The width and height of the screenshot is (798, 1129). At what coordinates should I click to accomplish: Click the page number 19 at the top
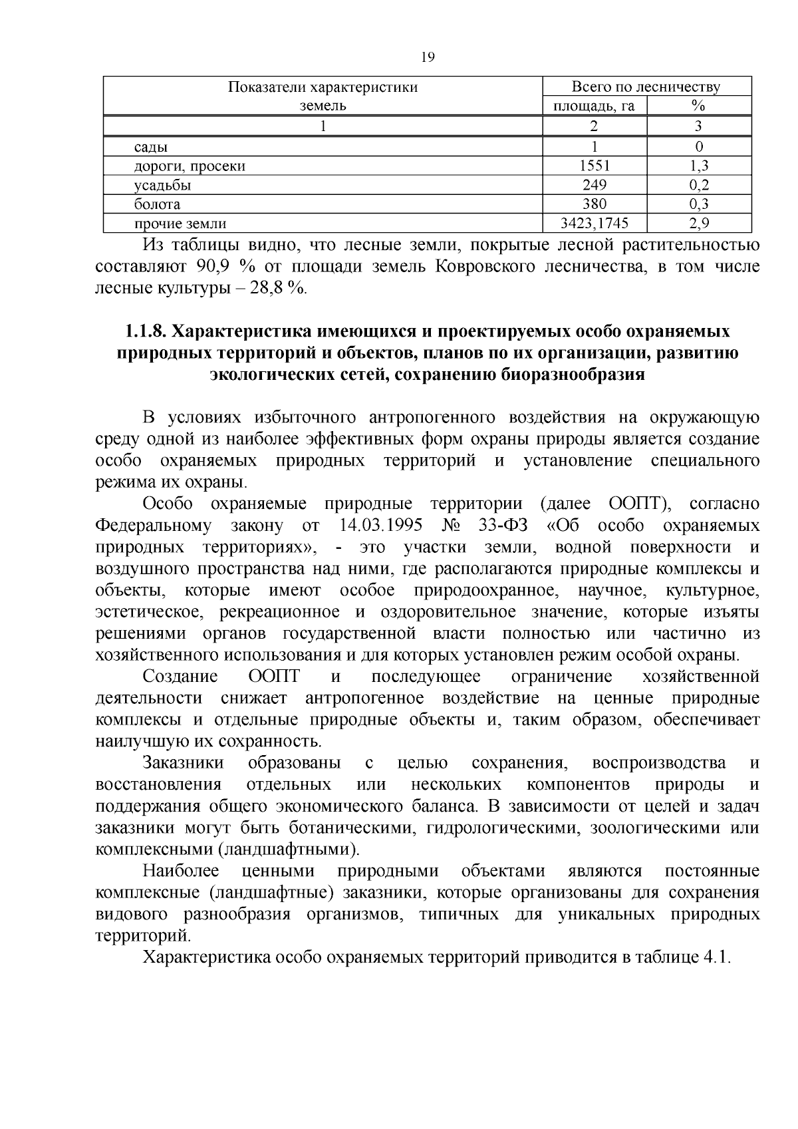tap(428, 57)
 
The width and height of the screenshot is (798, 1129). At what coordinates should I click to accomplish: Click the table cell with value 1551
tap(595, 166)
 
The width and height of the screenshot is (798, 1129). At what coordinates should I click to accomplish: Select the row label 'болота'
tap(157, 204)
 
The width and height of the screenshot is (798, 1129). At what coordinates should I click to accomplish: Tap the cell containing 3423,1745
tap(595, 224)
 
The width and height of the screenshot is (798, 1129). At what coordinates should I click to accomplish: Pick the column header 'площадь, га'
tap(595, 106)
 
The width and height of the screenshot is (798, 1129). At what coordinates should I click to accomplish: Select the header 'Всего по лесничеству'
tap(646, 86)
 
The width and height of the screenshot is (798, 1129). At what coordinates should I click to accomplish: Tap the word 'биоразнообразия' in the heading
tap(572, 375)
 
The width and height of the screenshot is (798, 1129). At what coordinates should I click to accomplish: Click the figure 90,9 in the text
tap(213, 267)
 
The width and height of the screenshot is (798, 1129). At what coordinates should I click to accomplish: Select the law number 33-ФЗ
tap(502, 526)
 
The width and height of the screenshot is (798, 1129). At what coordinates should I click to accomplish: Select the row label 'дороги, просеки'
tap(190, 166)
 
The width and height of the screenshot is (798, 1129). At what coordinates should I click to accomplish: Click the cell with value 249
tap(595, 185)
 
